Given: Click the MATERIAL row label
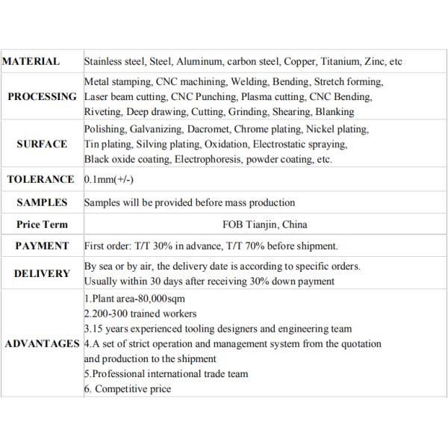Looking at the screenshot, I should (31, 62).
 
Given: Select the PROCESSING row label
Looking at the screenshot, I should (42, 96).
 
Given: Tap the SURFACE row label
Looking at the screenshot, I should (42, 144).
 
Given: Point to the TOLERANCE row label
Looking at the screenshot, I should (40, 179).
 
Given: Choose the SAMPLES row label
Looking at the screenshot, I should (42, 202).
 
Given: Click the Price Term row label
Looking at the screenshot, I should (42, 224).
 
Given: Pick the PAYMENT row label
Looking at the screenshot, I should (42, 246).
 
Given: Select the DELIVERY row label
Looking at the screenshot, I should (42, 273).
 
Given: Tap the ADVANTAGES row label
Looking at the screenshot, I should (42, 343).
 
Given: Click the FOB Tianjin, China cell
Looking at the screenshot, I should (265, 224).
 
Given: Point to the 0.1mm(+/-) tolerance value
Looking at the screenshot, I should (109, 179).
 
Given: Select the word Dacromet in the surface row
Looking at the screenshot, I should (209, 129).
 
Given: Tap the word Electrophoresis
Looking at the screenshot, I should (212, 159).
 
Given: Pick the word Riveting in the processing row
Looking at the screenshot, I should (102, 111).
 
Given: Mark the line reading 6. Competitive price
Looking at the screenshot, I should (128, 388).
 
